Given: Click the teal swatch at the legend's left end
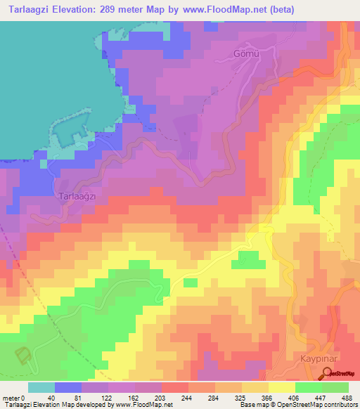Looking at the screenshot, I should point(41,387).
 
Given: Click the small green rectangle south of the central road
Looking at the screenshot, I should point(190,283).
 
